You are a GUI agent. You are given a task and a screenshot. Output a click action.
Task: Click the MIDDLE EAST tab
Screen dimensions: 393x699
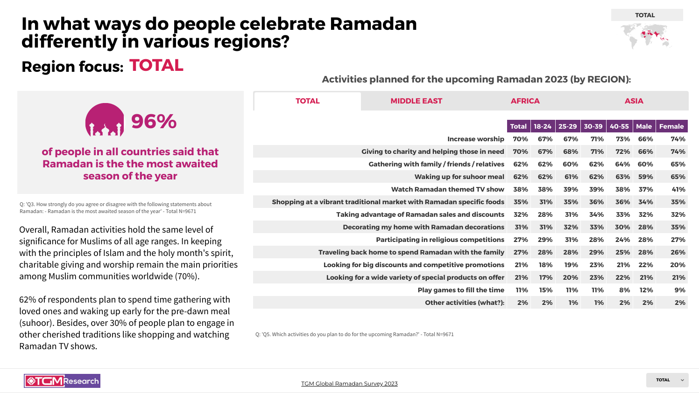(x=416, y=101)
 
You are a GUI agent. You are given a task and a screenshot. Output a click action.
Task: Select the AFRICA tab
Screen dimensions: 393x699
(x=525, y=101)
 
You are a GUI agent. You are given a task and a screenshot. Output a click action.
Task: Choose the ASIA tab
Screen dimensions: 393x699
(x=634, y=101)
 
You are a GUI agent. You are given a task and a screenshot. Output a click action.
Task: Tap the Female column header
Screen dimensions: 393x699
(x=671, y=126)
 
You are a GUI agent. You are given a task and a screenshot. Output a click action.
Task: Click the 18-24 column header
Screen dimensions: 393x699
(x=543, y=126)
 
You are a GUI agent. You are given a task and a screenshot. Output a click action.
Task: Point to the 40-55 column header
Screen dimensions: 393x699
(x=619, y=126)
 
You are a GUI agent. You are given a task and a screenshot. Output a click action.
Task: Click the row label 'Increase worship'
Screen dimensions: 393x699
(x=475, y=139)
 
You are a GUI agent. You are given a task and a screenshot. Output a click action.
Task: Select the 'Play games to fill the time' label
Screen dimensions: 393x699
(x=460, y=290)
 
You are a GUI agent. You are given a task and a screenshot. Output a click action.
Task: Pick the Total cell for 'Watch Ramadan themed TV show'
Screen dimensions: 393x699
(x=520, y=189)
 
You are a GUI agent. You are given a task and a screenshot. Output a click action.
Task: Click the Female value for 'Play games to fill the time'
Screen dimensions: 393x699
(x=679, y=290)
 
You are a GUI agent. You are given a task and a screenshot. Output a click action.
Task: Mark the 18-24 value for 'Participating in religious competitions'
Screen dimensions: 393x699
(x=545, y=240)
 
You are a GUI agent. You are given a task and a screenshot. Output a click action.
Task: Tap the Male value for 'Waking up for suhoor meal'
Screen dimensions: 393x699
(x=645, y=177)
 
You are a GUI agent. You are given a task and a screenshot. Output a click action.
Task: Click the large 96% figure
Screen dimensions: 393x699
(x=154, y=122)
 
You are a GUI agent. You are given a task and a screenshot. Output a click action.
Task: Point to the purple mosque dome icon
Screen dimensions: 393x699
(x=105, y=120)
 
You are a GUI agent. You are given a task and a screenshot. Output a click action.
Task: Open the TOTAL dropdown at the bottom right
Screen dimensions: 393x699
(x=667, y=380)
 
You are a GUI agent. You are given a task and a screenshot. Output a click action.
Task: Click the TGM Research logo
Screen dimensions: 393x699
(x=62, y=381)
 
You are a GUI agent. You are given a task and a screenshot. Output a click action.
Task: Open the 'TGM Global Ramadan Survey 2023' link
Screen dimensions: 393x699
(x=349, y=384)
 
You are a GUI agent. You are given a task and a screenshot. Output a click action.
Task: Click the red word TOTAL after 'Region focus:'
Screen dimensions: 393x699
(x=156, y=66)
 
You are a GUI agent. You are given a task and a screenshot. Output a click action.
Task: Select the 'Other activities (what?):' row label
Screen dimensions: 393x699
(x=464, y=303)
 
